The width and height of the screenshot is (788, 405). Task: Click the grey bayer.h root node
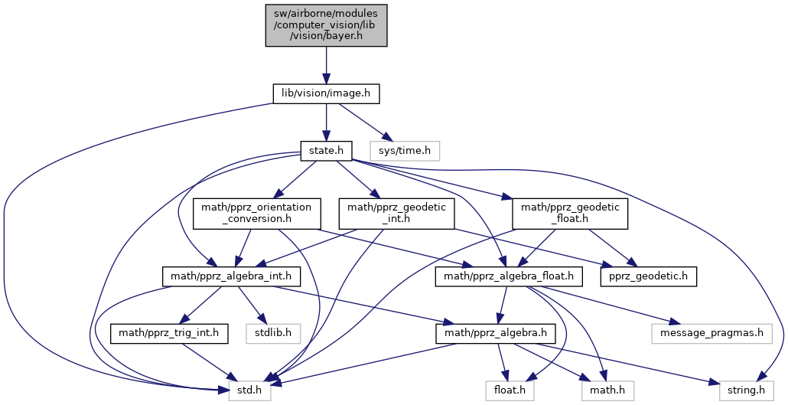326,25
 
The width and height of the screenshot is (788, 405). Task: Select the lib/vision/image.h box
326,94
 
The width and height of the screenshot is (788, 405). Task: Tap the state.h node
326,151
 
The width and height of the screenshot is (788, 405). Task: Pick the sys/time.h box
405,151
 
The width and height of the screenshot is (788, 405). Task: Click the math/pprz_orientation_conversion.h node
257,214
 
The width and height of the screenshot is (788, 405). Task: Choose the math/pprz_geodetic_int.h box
397,214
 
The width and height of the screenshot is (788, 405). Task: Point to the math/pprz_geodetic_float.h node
570,214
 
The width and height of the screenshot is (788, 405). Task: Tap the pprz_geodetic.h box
649,276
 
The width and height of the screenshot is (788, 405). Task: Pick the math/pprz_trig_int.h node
169,334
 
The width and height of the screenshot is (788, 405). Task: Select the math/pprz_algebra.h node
496,334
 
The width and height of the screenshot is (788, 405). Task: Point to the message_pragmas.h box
711,334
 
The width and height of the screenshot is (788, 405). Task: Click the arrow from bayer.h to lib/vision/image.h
326,65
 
